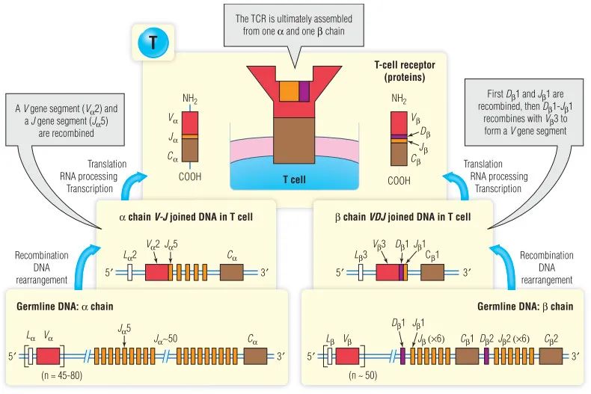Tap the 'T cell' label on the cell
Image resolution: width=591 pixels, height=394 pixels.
click(297, 179)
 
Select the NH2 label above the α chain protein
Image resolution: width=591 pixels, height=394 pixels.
click(191, 99)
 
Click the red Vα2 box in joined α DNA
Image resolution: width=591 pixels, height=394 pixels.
click(156, 272)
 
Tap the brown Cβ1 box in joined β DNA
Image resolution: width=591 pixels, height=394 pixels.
click(432, 272)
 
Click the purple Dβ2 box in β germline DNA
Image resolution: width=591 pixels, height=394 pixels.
click(487, 356)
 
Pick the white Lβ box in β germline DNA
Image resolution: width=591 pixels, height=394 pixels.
click(330, 356)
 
